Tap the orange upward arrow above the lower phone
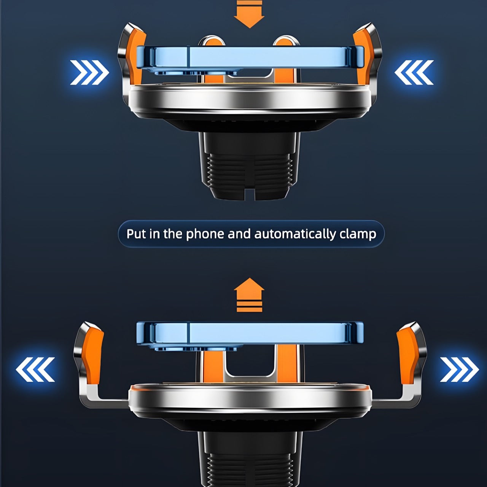tap(249, 295)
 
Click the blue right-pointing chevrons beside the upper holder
tap(89, 73)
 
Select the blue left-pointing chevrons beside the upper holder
tap(414, 73)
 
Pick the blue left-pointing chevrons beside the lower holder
tap(35, 369)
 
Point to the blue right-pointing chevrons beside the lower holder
tap(459, 369)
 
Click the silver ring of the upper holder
tap(250, 101)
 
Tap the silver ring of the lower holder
tap(250, 400)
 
